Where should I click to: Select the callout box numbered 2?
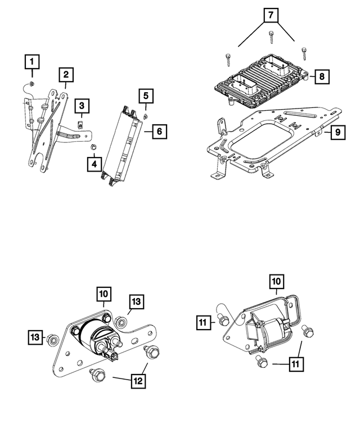point(66,74)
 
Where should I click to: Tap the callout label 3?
point(82,105)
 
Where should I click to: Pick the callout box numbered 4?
point(94,164)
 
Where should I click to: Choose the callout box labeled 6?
point(159,132)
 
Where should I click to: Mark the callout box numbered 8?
point(321,75)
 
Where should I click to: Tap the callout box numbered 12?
point(138,381)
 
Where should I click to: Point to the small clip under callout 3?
point(81,120)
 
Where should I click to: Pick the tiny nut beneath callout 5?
point(145,115)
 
